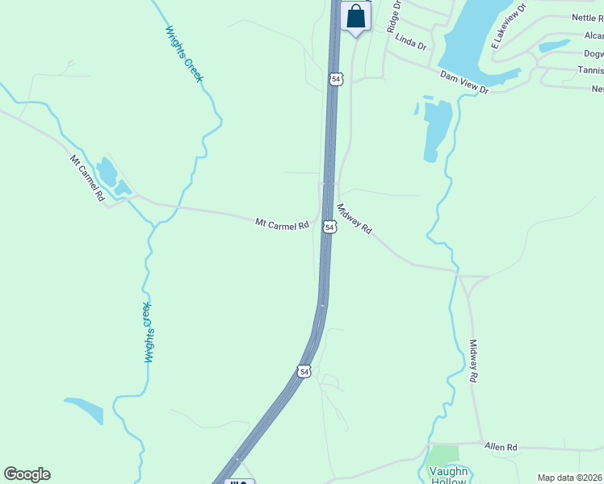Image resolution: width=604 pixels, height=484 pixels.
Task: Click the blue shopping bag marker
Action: pos(355,17)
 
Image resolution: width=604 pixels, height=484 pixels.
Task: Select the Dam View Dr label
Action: pos(464,82)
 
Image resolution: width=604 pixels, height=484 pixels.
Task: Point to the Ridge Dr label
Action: pos(394,16)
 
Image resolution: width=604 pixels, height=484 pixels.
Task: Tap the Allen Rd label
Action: pos(501,446)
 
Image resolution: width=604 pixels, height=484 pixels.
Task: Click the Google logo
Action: pos(27,474)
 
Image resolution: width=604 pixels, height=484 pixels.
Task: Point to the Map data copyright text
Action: pos(569,478)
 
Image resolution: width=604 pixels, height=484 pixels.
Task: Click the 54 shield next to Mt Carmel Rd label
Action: pos(329,227)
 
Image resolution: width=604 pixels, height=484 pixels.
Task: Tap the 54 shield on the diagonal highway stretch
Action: pos(303,371)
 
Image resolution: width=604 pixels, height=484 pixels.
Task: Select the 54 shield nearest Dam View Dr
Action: pos(336,79)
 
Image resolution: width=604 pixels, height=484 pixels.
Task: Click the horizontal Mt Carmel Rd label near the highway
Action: pos(283,223)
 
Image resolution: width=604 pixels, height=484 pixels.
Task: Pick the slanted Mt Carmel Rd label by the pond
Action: pos(88,178)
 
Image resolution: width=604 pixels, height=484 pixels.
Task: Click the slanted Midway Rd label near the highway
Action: pos(354,219)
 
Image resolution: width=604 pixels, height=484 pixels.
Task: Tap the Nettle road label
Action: pos(587,17)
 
